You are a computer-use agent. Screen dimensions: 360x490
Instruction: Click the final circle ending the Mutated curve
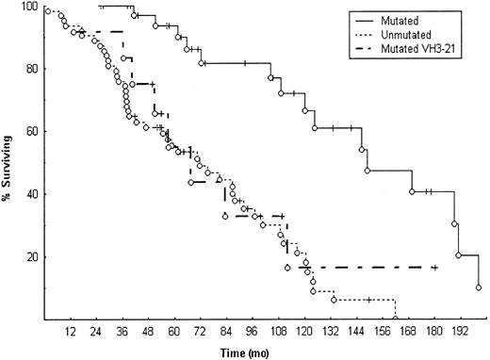click(x=479, y=287)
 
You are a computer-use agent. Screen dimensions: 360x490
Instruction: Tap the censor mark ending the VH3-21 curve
click(x=434, y=268)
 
